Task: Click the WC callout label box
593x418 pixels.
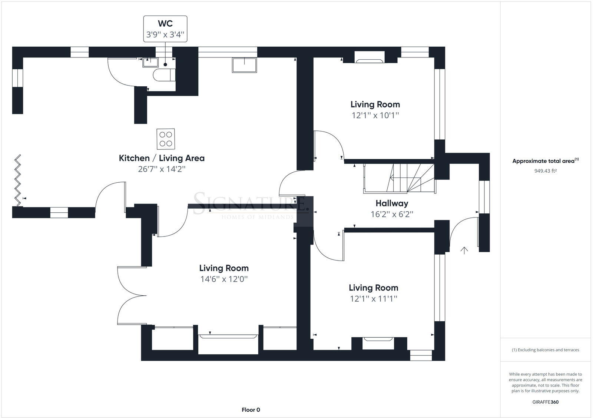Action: point(165,29)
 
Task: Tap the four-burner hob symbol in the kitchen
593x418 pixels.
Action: point(166,139)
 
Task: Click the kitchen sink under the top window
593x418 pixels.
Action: point(244,65)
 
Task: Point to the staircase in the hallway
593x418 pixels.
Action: point(400,178)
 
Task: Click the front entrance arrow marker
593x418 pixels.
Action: point(464,251)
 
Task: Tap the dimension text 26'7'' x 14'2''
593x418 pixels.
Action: point(161,169)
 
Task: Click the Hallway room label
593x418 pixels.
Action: point(392,203)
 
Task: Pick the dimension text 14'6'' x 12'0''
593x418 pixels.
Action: point(224,279)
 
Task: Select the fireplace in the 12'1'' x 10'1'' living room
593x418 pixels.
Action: point(370,56)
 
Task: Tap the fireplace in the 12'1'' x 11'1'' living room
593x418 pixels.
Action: point(378,342)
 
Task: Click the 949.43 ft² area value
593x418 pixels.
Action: point(546,171)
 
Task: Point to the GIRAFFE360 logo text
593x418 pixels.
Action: point(545,402)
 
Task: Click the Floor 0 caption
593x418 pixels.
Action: point(251,409)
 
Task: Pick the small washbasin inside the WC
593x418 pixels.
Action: point(150,62)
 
